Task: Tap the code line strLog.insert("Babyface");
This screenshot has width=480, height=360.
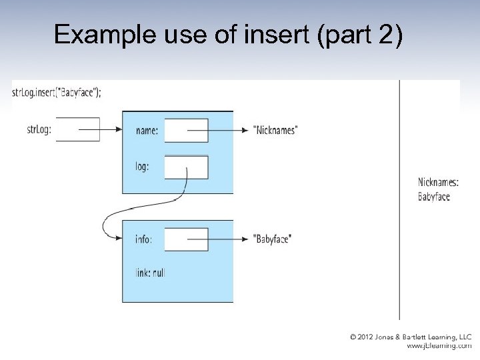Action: click(x=57, y=92)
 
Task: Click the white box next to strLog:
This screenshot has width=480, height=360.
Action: click(x=78, y=129)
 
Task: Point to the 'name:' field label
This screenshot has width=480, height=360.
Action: click(x=147, y=131)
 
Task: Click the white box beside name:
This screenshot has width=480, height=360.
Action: click(x=186, y=131)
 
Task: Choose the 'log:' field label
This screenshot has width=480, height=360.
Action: click(x=142, y=167)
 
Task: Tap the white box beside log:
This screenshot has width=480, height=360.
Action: click(x=186, y=167)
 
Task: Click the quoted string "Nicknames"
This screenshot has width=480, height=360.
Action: click(x=275, y=131)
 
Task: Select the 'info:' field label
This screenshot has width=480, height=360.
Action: click(x=143, y=239)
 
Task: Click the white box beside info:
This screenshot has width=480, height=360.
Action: click(x=186, y=239)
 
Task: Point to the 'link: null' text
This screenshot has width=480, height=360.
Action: click(x=149, y=273)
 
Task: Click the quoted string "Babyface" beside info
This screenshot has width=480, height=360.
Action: click(x=273, y=239)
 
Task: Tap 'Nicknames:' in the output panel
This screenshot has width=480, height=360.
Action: click(x=438, y=183)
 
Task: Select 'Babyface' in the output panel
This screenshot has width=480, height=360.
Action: click(x=434, y=197)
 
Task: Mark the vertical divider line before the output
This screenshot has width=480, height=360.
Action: click(x=400, y=200)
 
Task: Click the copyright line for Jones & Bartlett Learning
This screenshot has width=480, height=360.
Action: click(x=411, y=337)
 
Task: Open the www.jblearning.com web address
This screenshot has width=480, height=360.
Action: click(x=439, y=347)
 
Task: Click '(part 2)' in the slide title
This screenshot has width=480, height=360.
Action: click(x=361, y=35)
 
